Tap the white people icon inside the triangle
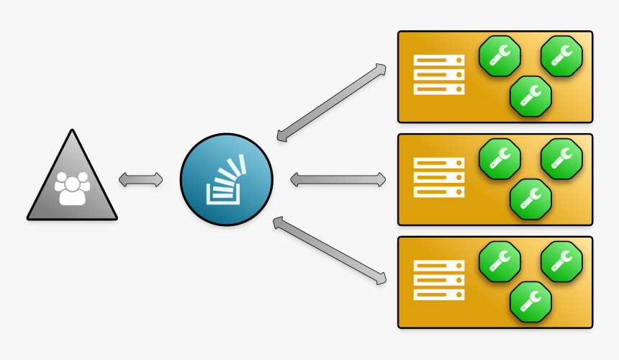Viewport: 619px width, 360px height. click(72, 188)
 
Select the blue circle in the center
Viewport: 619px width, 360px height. click(226, 179)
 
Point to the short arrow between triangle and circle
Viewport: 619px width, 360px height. click(141, 179)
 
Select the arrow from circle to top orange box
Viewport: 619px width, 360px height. click(332, 102)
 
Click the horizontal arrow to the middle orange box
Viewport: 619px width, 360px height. click(338, 179)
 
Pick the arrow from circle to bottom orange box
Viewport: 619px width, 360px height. click(332, 252)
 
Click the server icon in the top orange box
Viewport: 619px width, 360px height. click(439, 76)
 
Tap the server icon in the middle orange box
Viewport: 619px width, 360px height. click(439, 178)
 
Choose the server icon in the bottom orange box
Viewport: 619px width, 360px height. click(439, 281)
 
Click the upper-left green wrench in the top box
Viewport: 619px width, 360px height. click(500, 55)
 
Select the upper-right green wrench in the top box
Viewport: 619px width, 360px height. click(561, 55)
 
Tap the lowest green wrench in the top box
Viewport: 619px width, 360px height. click(530, 96)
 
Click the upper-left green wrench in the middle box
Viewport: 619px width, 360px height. click(500, 158)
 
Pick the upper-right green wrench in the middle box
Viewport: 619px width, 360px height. click(561, 158)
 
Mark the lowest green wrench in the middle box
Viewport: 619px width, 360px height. click(530, 199)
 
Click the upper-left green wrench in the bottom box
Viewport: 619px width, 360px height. click(500, 261)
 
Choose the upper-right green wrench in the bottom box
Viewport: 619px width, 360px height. click(561, 261)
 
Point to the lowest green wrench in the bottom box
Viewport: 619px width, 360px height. click(530, 302)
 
